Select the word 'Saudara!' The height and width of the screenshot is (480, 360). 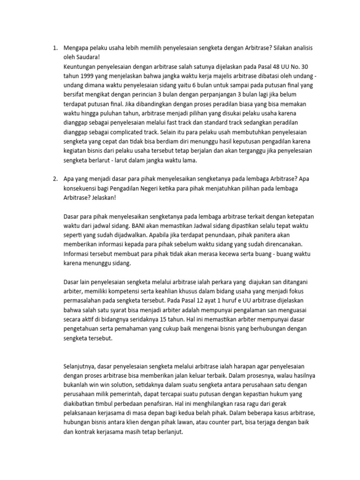pos(88,57)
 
